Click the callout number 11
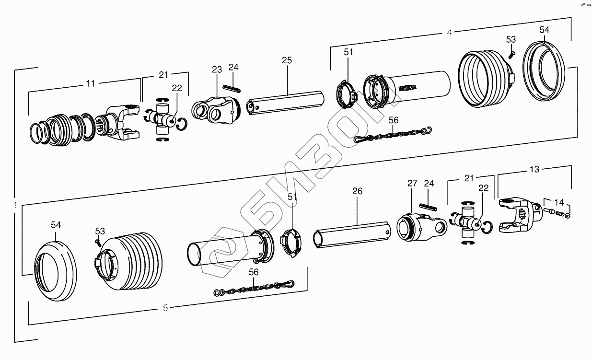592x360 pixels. point(90,83)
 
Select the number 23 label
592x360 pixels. point(217,70)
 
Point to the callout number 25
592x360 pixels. point(287,60)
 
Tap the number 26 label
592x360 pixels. point(358,191)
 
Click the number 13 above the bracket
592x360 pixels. point(534,169)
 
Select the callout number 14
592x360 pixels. point(559,202)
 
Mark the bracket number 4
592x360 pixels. point(449,33)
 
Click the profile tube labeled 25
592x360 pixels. point(285,102)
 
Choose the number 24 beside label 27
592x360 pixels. point(429,183)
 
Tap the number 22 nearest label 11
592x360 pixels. point(177,88)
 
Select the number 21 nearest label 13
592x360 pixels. point(469,178)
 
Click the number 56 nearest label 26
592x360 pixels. point(254,272)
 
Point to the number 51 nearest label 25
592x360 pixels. point(348,52)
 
